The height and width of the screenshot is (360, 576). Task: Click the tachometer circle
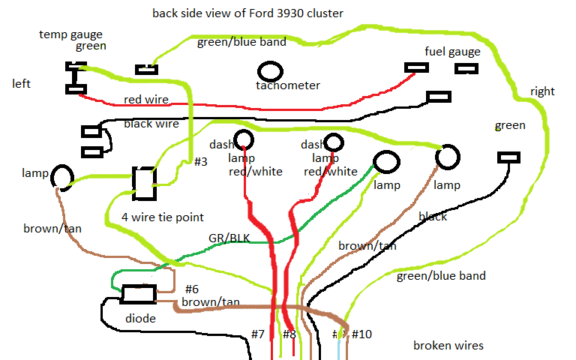pos(270,71)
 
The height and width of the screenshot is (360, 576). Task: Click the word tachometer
pos(287,85)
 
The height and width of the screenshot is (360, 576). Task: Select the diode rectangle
pos(139,295)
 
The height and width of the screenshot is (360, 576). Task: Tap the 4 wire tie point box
pos(143,183)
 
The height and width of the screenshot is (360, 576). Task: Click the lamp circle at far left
pos(61,175)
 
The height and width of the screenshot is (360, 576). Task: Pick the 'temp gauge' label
pos(70,34)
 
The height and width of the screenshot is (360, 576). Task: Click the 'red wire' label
pos(145,100)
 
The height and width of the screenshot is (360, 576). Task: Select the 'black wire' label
pos(151,124)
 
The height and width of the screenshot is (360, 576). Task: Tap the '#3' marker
pos(200,161)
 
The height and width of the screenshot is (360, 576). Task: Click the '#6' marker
pos(191,289)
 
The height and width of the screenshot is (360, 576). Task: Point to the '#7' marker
pos(258,333)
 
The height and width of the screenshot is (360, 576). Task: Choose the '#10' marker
pos(361,333)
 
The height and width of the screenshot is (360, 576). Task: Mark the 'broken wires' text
pos(448,346)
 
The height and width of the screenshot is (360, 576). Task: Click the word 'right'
pos(542,91)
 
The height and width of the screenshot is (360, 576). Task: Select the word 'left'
pos(22,83)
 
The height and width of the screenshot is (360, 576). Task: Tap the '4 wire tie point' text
pos(162,217)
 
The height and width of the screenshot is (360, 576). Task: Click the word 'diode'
pos(140,319)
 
